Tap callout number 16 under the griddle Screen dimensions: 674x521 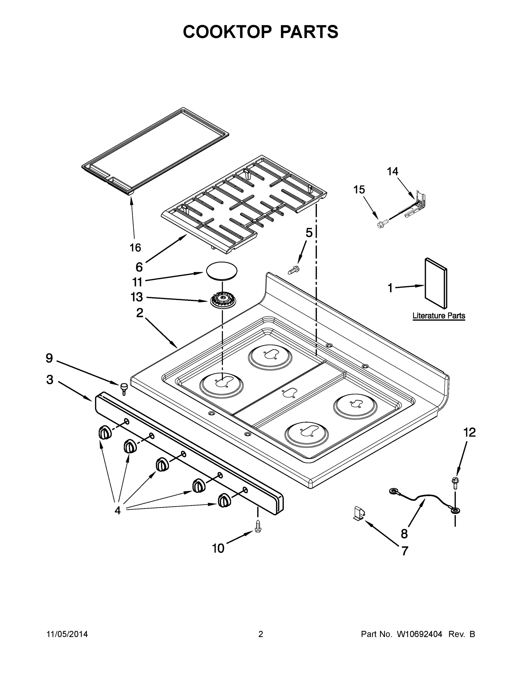tap(135, 247)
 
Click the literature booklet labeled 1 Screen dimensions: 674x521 tap(436, 283)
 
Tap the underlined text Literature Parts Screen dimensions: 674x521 tap(439, 316)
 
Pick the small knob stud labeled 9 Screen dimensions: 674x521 tap(124, 388)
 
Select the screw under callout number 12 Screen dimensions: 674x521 tap(455, 483)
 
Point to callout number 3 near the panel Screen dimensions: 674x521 tap(50, 380)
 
